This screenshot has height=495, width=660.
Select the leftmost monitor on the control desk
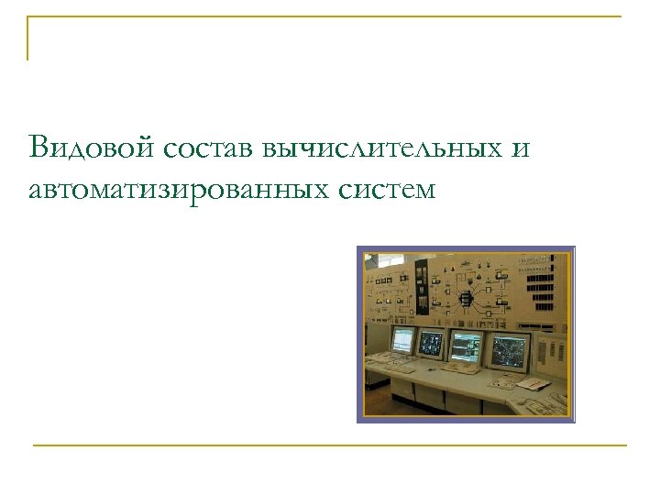click(x=404, y=341)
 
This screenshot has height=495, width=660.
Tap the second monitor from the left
click(x=430, y=344)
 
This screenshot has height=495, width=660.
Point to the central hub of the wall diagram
click(x=465, y=297)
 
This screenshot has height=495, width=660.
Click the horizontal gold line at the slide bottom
click(x=330, y=445)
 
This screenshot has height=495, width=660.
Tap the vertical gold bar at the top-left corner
click(x=27, y=38)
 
